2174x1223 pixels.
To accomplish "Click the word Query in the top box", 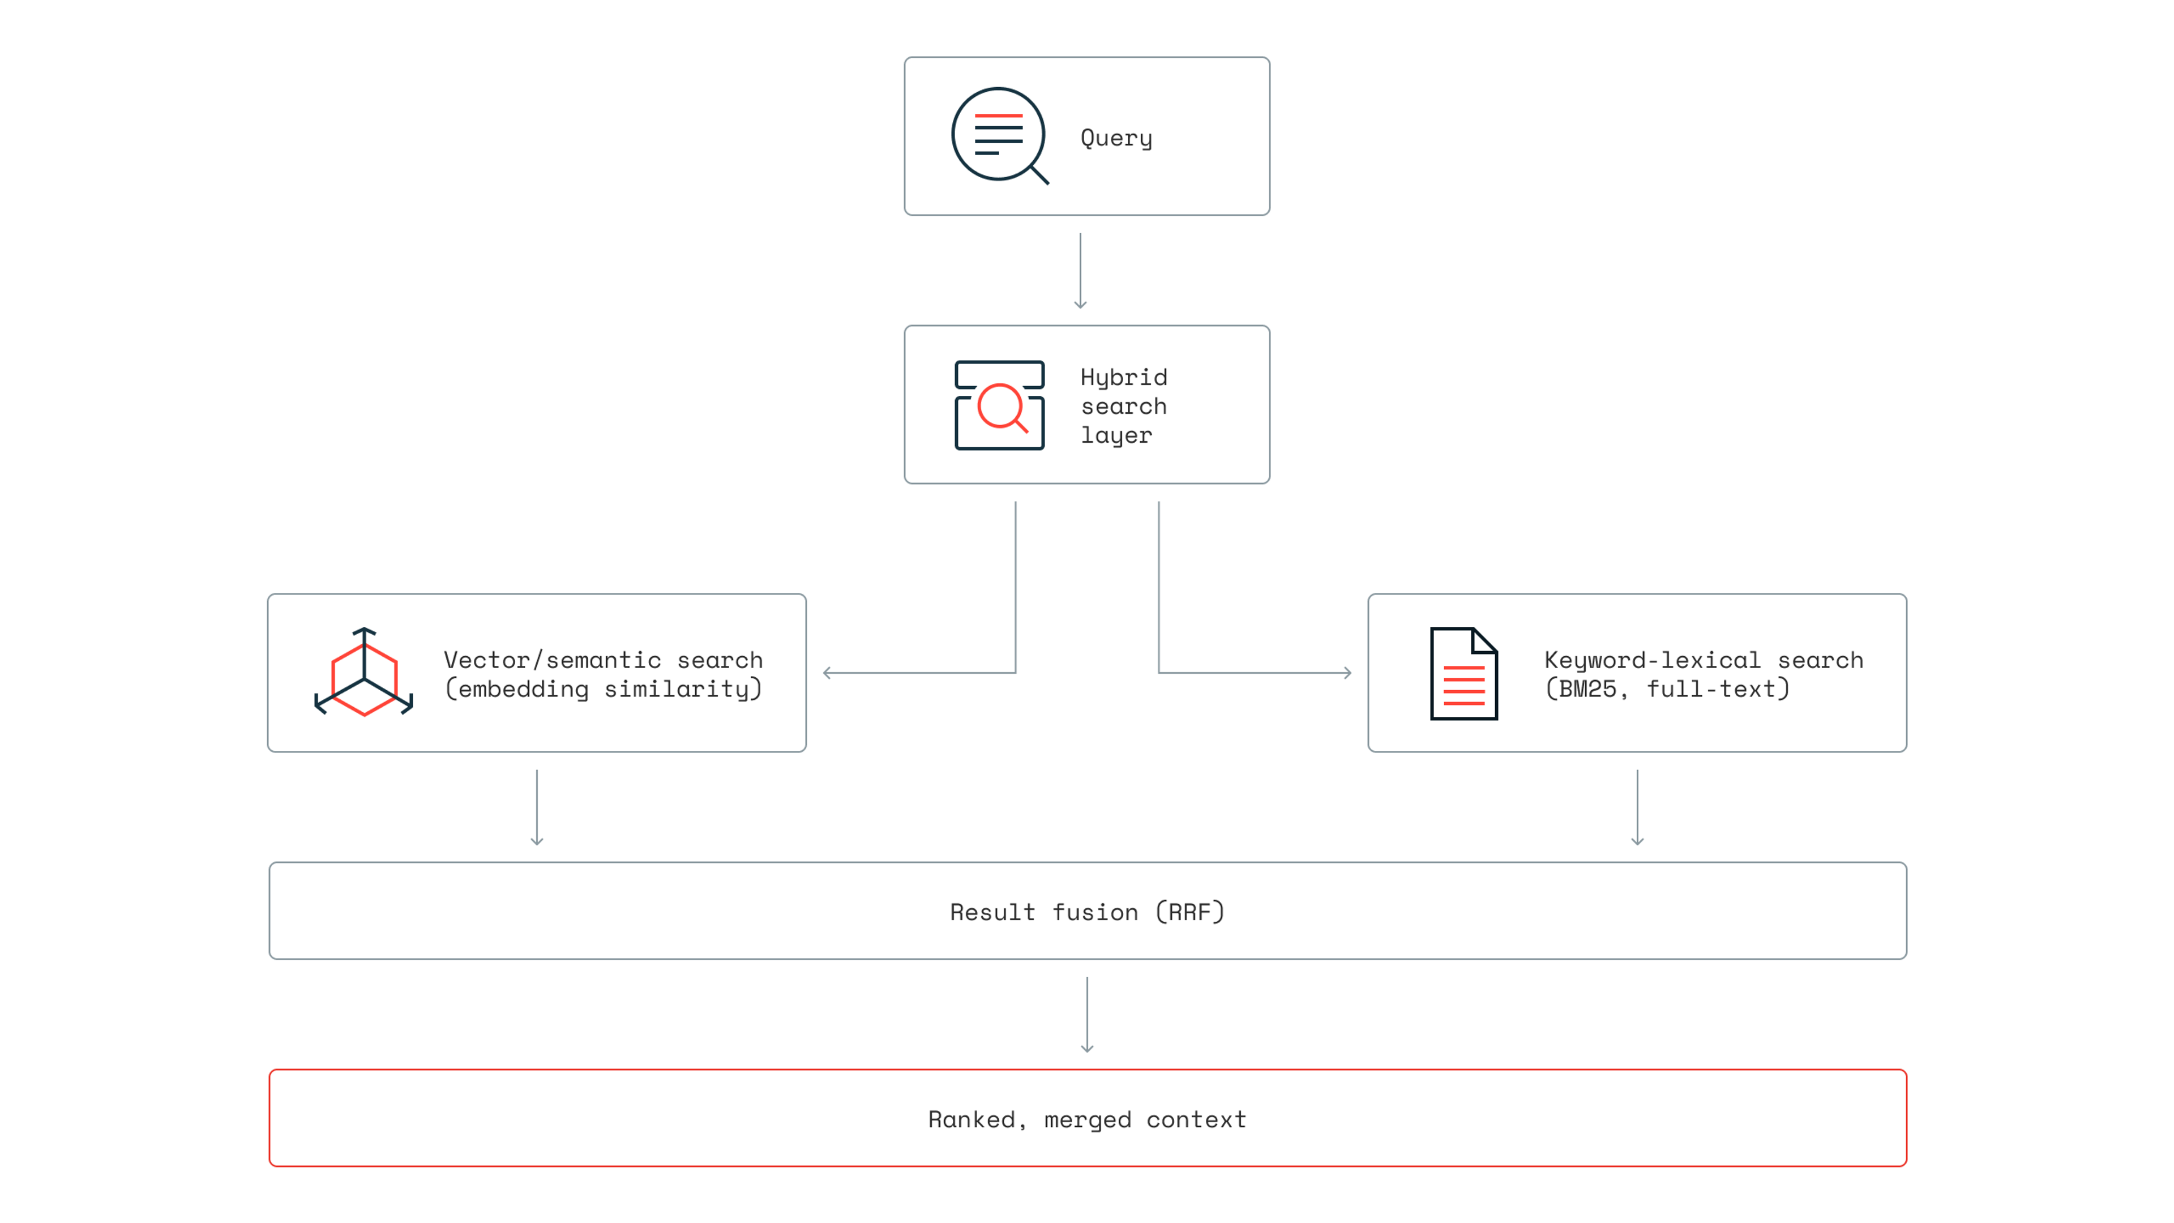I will tap(1116, 138).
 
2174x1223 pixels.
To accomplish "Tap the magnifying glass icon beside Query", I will tap(999, 135).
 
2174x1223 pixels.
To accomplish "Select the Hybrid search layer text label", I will tap(1123, 406).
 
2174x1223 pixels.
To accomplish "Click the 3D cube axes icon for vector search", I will tap(363, 672).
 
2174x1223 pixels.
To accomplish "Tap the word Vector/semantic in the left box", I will tap(552, 660).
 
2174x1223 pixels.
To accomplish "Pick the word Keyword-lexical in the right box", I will tap(1651, 660).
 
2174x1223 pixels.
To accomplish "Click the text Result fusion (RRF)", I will tap(1087, 912).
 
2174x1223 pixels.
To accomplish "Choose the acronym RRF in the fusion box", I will tap(1190, 912).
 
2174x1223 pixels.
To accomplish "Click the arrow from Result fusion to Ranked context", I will tap(1087, 1015).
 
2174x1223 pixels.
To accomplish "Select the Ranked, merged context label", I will tap(1087, 1119).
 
